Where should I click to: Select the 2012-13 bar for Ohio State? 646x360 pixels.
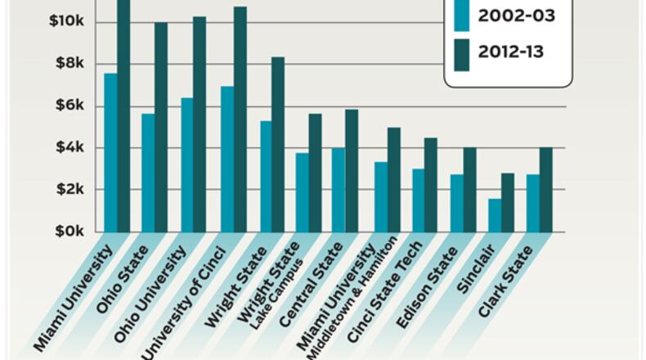click(x=161, y=127)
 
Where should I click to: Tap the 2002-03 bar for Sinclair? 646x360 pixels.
click(x=495, y=215)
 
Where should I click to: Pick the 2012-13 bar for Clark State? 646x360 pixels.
click(x=546, y=190)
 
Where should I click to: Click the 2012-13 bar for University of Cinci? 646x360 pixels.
click(x=240, y=119)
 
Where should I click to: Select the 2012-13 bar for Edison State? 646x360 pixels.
click(x=469, y=190)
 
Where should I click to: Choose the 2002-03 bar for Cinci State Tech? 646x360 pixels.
click(x=418, y=200)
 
